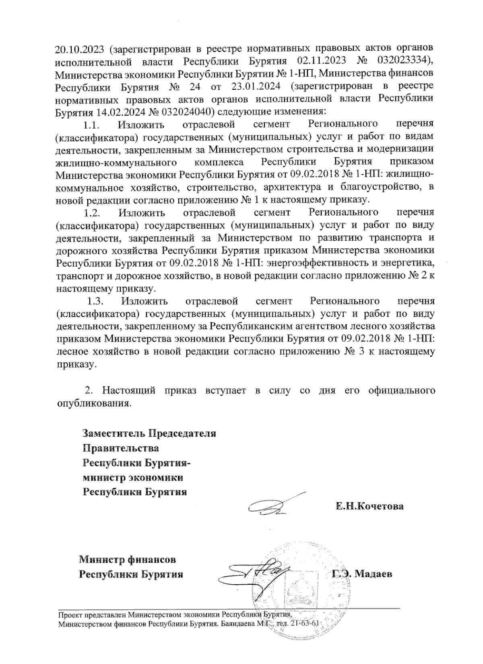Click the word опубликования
[93, 403]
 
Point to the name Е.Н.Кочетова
[370, 506]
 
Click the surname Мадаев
[374, 574]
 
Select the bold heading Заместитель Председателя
[149, 433]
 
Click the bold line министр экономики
[133, 478]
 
